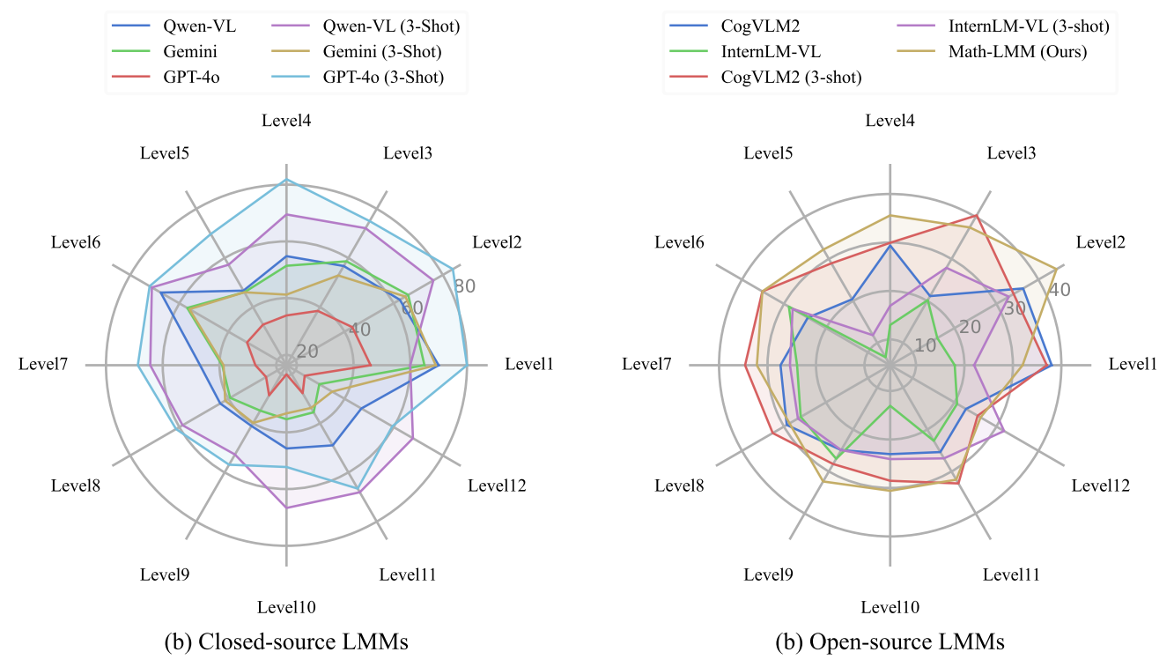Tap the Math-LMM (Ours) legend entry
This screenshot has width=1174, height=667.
click(1017, 52)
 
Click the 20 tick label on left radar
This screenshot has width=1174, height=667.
click(307, 352)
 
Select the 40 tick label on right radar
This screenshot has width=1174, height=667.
click(1060, 290)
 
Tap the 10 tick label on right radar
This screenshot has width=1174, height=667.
click(925, 345)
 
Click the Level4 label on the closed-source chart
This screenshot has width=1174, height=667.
click(286, 121)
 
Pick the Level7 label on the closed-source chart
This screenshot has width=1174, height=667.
click(44, 365)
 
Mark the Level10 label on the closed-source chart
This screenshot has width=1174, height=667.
click(286, 607)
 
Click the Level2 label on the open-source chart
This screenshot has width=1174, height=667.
click(1101, 242)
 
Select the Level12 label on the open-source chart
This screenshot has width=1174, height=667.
click(1101, 485)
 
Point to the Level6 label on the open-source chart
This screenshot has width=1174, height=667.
click(679, 242)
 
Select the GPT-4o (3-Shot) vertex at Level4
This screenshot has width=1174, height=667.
click(286, 180)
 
